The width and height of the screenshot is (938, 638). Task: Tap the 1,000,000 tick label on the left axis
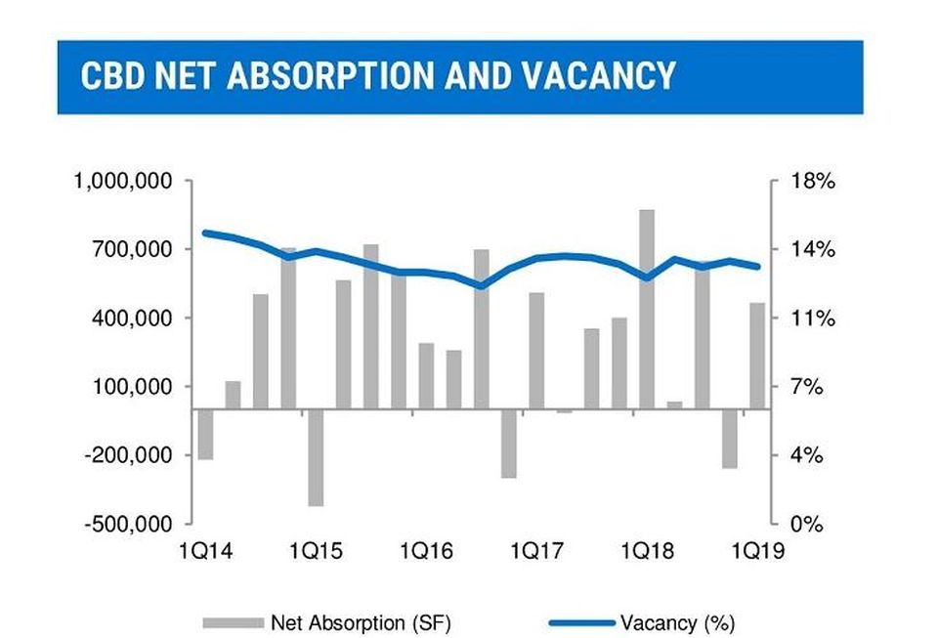(123, 181)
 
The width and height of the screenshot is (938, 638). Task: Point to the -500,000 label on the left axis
(128, 525)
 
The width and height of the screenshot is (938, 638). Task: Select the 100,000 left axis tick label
(132, 387)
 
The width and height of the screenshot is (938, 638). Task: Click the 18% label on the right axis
(812, 181)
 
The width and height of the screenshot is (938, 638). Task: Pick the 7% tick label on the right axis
(807, 387)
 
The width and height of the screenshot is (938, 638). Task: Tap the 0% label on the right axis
(807, 525)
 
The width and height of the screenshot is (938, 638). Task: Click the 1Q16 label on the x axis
(427, 550)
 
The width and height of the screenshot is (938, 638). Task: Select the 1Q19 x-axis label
(758, 550)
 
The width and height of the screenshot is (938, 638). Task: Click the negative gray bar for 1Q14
(206, 434)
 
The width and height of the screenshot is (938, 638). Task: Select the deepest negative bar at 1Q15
(316, 457)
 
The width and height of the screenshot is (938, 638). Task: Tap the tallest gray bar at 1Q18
(647, 309)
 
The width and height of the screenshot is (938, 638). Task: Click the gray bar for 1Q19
(757, 356)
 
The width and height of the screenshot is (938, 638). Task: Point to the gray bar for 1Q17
(536, 351)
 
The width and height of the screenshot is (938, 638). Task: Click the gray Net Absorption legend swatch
(234, 623)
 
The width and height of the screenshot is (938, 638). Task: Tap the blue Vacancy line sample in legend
(582, 623)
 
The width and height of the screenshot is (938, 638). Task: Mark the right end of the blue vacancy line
(757, 266)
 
